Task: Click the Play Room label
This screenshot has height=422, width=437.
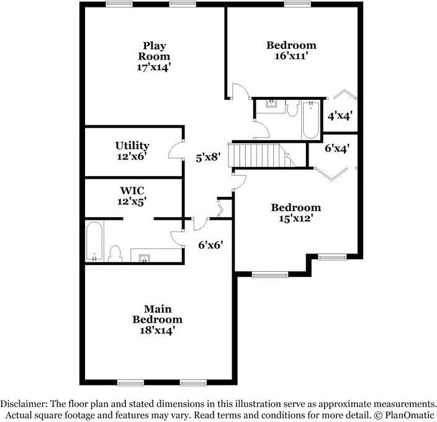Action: coord(154,51)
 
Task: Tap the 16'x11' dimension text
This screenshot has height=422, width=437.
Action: coord(291,56)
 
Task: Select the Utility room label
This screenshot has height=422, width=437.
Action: coord(132,146)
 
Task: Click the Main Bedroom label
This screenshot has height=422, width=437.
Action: coord(157,314)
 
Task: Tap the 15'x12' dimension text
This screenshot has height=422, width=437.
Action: coord(295,218)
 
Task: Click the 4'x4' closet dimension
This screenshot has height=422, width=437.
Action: coord(340,115)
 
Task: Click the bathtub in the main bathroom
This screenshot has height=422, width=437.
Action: coord(94,243)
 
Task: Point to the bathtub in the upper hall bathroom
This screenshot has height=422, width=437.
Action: coord(310,121)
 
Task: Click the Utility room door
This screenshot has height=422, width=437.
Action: coord(175,151)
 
